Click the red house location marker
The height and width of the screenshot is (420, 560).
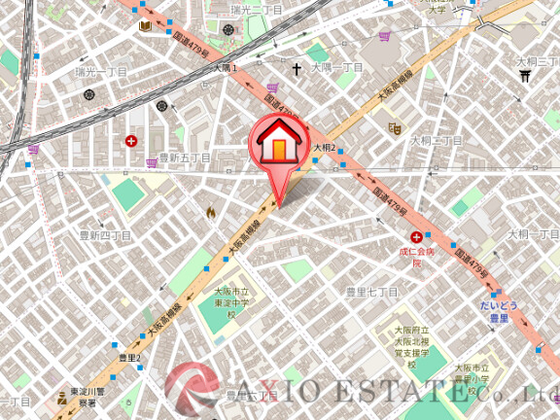point(278,146)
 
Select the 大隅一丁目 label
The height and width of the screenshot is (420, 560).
point(336,67)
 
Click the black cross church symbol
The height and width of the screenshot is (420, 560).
point(297,70)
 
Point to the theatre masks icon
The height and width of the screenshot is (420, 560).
point(395,126)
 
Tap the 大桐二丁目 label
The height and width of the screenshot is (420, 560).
point(437,141)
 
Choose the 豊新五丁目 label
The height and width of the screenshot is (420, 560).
point(185,157)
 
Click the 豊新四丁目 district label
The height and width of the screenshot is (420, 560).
point(105,235)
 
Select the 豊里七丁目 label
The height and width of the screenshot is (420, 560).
point(372,291)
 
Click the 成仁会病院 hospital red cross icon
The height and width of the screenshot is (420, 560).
point(416,237)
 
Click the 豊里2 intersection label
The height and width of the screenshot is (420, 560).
point(129,358)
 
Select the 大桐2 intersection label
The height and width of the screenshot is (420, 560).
point(324,148)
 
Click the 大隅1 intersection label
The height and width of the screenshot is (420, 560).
point(225,69)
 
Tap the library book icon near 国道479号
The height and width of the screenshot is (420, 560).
point(146,26)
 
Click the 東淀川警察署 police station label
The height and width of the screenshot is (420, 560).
point(88,398)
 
